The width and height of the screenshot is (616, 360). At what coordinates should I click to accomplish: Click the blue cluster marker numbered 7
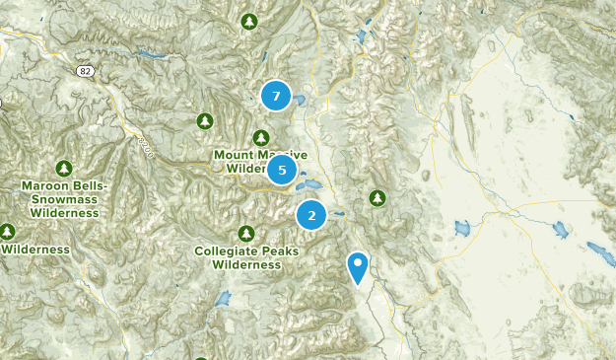[x=276, y=96]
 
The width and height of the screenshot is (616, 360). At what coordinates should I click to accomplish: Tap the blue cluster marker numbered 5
[x=282, y=170]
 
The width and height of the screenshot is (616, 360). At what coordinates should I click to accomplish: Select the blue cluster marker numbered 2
[x=311, y=214]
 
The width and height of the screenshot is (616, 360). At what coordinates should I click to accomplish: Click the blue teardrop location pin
[x=358, y=265]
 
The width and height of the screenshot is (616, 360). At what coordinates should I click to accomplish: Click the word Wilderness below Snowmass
[x=64, y=212]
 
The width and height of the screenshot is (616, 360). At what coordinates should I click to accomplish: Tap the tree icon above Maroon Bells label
[x=64, y=168]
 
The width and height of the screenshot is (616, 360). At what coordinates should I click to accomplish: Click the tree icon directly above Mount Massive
[x=261, y=138]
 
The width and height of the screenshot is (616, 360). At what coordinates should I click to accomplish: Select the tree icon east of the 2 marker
[x=377, y=198]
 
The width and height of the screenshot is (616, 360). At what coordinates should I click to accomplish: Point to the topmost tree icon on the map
[x=249, y=21]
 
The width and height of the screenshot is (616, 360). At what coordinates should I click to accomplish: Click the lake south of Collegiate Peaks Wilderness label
[x=223, y=298]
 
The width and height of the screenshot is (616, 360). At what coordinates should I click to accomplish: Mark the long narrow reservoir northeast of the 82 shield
[x=148, y=53]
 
